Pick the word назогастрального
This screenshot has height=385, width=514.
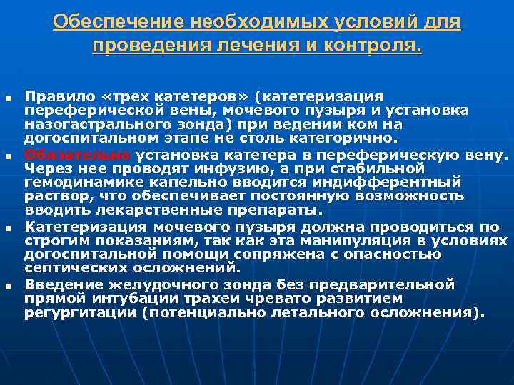91,124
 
